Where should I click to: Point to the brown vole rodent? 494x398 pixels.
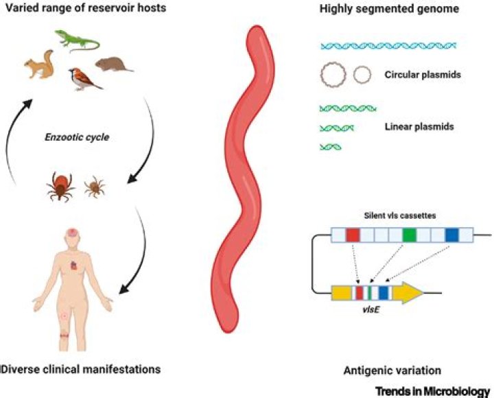point(114,65)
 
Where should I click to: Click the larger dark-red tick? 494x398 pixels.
point(60,186)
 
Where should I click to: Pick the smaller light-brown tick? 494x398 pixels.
point(95,187)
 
